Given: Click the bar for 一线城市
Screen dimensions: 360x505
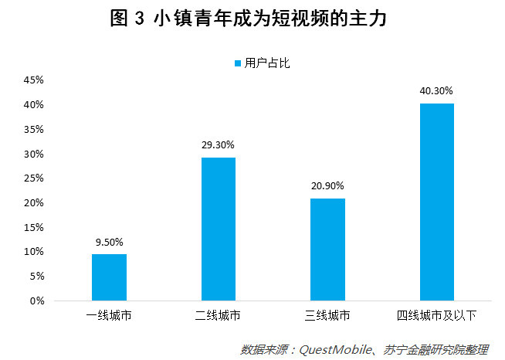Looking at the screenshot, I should [109, 277].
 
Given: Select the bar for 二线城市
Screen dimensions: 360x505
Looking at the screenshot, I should [219, 229].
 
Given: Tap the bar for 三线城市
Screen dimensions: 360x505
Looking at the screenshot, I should [328, 250].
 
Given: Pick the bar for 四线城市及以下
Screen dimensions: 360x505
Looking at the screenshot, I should [437, 202].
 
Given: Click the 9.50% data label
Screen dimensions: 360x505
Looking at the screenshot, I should [109, 241].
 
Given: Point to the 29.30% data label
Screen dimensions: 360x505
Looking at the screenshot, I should [219, 144].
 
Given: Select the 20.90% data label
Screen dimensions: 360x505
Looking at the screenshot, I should [328, 185].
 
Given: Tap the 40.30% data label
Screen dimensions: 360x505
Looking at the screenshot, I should [437, 90].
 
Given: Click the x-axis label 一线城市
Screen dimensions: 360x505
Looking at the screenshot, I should [109, 316].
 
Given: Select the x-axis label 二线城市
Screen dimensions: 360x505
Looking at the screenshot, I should [219, 316].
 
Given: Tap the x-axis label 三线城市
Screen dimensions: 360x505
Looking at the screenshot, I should [328, 316].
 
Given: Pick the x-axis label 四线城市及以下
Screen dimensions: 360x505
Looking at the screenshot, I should [437, 316].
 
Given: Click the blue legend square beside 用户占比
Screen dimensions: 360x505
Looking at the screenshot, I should [237, 63].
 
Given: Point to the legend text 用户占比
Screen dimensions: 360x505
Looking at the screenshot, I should [266, 63].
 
